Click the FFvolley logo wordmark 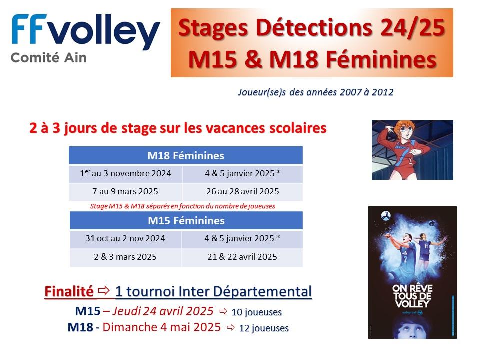point(85,32)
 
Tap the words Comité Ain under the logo point(49,58)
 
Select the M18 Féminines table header point(186,155)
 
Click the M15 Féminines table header point(186,220)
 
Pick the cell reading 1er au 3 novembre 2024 point(126,173)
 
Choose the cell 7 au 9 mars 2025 point(125,191)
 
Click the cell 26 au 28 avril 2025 point(243,191)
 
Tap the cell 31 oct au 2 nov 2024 point(125,238)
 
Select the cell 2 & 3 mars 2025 point(125,257)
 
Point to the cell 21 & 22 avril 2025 point(242,257)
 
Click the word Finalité point(69,291)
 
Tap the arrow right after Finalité point(104,290)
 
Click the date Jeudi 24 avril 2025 point(163,311)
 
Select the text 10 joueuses point(257,312)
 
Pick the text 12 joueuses point(264,328)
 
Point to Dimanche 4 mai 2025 point(162,327)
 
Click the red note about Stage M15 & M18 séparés point(183,206)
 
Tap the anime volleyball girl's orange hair point(404,126)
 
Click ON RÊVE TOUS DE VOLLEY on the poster point(412,296)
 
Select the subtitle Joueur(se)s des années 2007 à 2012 point(316,92)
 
